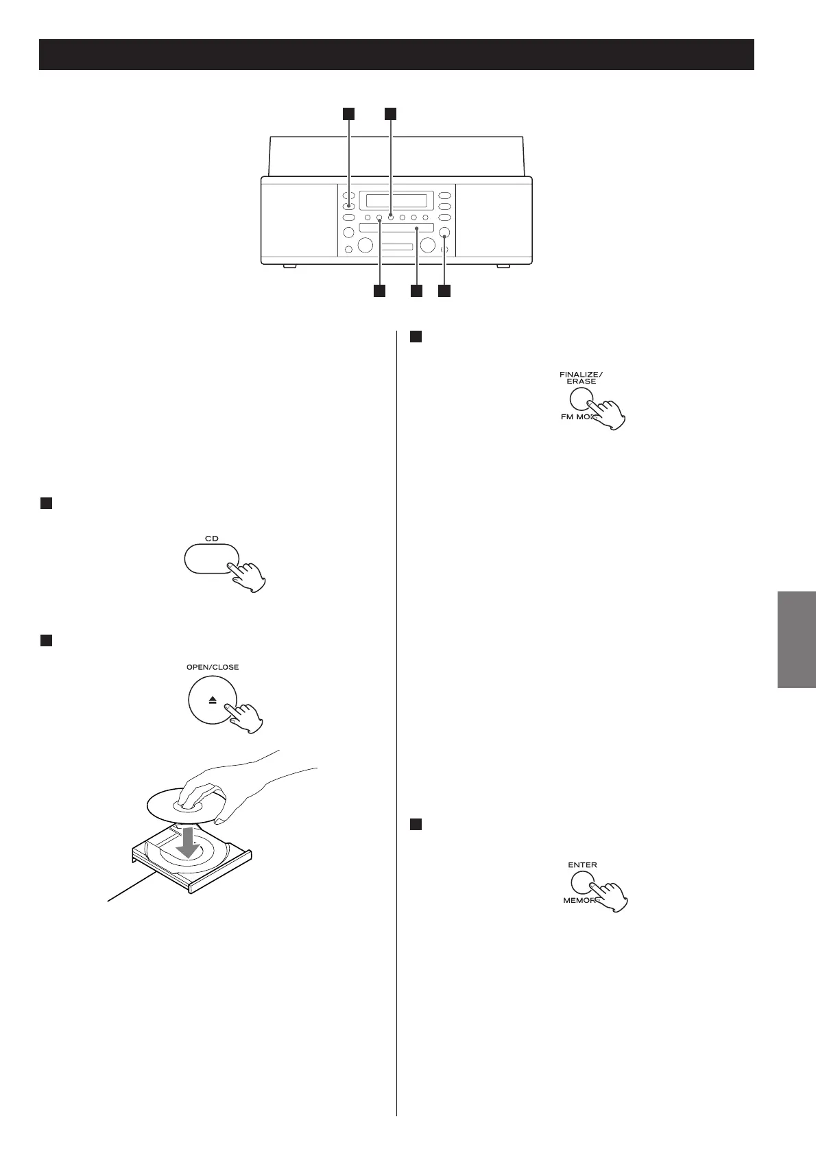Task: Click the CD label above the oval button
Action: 212,539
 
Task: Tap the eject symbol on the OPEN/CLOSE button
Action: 212,701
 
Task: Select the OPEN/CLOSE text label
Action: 213,667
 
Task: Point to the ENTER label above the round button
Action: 582,865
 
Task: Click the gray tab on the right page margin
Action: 797,639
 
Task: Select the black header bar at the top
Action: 396,55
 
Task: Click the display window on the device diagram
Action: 396,201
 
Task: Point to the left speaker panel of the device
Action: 299,221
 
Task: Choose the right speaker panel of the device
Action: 494,221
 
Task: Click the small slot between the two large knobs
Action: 397,247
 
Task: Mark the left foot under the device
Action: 289,266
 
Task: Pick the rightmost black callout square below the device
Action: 444,291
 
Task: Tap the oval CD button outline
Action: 212,558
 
